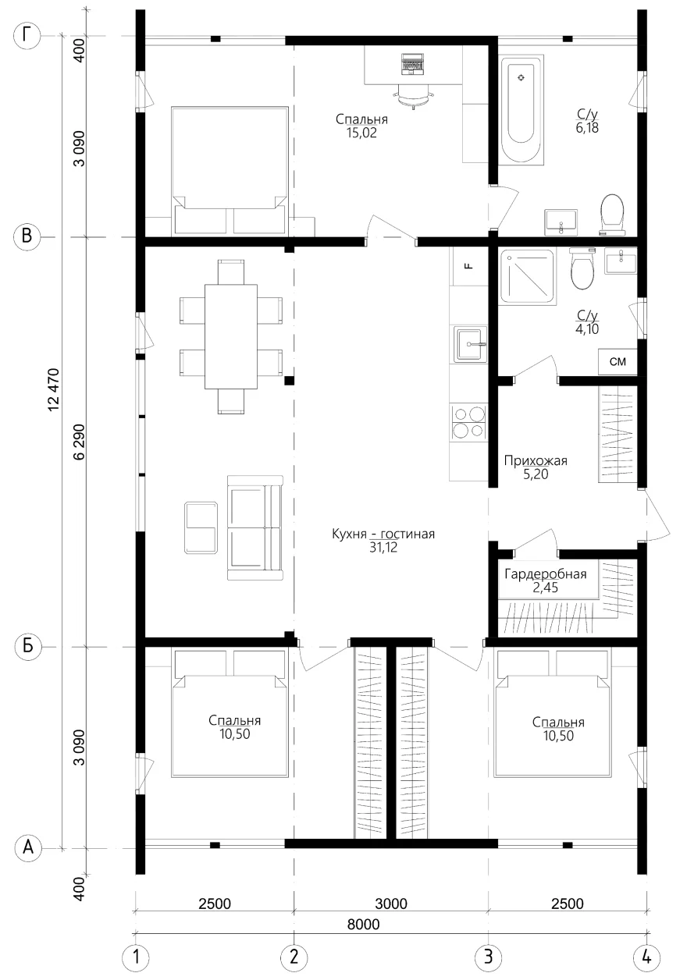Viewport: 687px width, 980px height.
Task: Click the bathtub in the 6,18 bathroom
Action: pyautogui.click(x=521, y=110)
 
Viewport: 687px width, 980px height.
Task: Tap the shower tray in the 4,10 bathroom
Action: pyautogui.click(x=528, y=276)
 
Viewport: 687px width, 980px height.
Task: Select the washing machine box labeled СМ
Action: pyautogui.click(x=618, y=361)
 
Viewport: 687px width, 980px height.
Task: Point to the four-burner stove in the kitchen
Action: pyautogui.click(x=469, y=422)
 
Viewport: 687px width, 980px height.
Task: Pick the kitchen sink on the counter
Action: pyautogui.click(x=470, y=344)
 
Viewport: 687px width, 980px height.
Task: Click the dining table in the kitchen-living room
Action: pyautogui.click(x=231, y=336)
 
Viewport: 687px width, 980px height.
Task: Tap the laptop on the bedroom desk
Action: pyautogui.click(x=412, y=64)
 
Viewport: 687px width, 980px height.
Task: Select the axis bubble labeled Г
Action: pyautogui.click(x=28, y=36)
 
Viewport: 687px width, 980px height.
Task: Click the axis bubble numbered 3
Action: pyautogui.click(x=488, y=957)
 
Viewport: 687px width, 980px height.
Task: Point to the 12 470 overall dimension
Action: pyautogui.click(x=53, y=390)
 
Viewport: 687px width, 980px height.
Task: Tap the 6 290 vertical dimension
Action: pyautogui.click(x=79, y=442)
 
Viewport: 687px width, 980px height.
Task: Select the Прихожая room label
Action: pyautogui.click(x=536, y=460)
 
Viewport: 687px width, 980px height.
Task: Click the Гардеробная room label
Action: pyautogui.click(x=546, y=573)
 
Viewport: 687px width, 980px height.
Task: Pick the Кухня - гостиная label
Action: pyautogui.click(x=383, y=534)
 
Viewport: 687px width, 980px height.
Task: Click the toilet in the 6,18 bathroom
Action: pyautogui.click(x=612, y=214)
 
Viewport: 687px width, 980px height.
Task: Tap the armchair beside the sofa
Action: pyautogui.click(x=201, y=527)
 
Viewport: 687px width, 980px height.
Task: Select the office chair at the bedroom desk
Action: pyautogui.click(x=412, y=95)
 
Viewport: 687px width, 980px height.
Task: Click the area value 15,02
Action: pyautogui.click(x=361, y=133)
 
